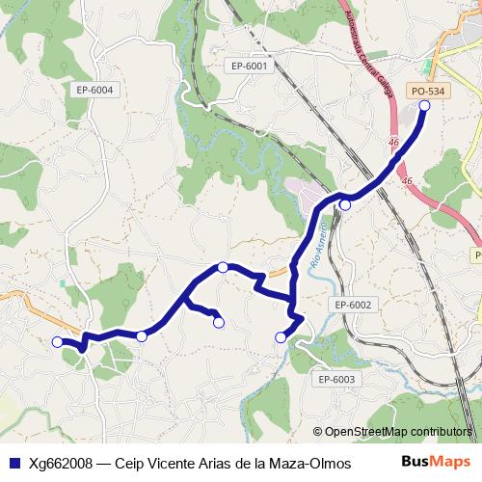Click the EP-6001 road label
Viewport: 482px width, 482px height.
[x=249, y=66]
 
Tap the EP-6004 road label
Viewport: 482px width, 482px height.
[x=94, y=90]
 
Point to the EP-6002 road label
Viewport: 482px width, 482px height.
[x=353, y=305]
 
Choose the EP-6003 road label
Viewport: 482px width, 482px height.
[x=336, y=379]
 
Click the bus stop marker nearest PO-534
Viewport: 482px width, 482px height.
[x=424, y=105]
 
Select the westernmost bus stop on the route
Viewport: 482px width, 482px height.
[x=57, y=341]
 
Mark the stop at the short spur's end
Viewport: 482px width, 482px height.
[x=219, y=322]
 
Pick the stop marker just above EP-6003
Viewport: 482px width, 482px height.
[x=281, y=336]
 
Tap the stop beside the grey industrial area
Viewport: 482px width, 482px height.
[x=344, y=204]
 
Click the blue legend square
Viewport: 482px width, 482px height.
[x=13, y=462]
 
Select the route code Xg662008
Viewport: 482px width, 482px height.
[x=63, y=462]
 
